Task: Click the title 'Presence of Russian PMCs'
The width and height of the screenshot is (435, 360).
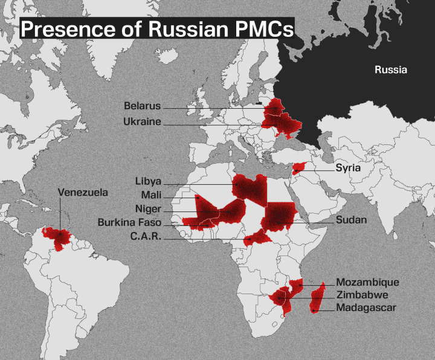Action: point(157,28)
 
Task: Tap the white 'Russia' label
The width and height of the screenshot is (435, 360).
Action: point(391,70)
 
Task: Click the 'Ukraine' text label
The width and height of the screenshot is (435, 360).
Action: point(142,121)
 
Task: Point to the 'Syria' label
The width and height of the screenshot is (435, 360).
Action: point(348,168)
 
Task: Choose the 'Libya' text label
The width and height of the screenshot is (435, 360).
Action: point(148,181)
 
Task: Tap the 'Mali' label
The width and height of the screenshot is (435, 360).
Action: point(151,195)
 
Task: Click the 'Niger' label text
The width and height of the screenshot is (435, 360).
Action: point(148,209)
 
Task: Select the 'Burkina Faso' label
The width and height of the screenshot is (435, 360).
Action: point(129,223)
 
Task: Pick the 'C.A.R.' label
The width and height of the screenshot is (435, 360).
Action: point(146,237)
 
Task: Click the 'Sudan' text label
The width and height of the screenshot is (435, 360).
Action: point(351,220)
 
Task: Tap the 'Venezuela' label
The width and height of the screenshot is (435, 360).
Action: point(83,193)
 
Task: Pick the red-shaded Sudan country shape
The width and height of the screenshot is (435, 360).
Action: point(279,215)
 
